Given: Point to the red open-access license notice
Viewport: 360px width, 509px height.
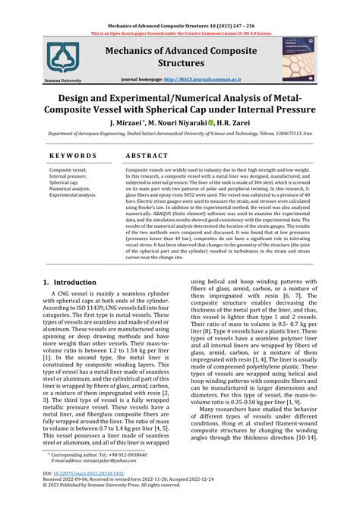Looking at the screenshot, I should coord(179,34).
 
